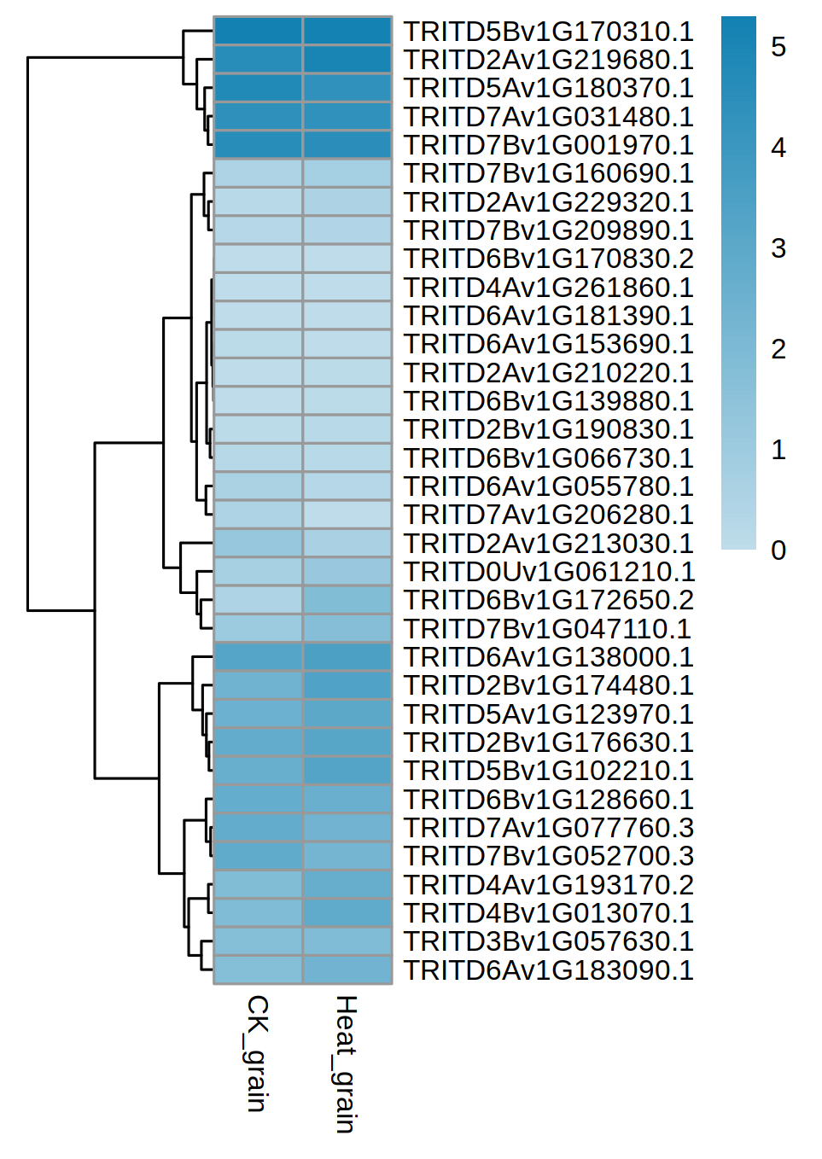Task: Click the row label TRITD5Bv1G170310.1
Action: pos(548,32)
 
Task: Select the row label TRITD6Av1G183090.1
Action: pos(548,970)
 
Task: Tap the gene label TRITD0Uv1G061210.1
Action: pos(549,572)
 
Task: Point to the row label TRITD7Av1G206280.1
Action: pos(548,515)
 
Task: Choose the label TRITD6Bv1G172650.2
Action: pos(548,600)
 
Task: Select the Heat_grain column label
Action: pos(345,1063)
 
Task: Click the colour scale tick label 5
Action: pos(778,47)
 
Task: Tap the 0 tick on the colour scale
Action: pos(778,550)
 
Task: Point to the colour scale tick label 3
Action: pos(778,248)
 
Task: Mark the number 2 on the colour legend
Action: pos(778,349)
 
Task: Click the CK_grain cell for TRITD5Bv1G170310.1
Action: pos(258,32)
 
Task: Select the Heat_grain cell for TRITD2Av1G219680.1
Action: pos(347,60)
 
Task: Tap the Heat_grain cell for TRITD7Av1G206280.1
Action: pos(347,515)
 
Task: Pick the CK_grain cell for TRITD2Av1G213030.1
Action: pos(258,543)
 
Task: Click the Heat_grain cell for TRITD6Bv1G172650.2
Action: pos(347,600)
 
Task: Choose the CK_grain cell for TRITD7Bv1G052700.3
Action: pos(258,856)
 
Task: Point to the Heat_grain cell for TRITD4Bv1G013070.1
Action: pos(347,913)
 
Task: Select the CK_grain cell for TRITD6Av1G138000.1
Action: pos(258,657)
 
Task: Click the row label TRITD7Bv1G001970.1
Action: pos(548,145)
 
